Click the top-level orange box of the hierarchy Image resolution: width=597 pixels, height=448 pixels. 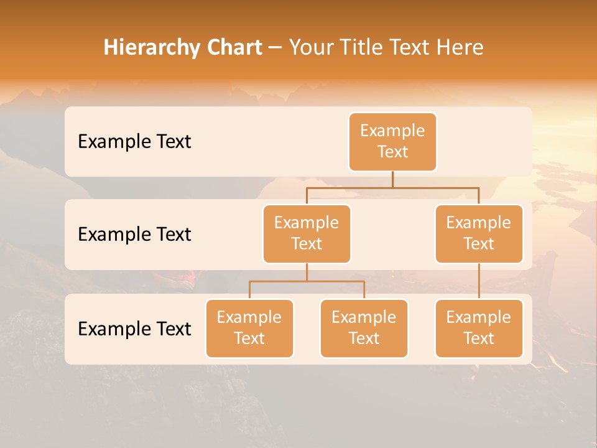coord(392,142)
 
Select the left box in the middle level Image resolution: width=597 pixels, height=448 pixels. coord(307,234)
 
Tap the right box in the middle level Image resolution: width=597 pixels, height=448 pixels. coord(479,234)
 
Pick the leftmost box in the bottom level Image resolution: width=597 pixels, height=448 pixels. coord(249,329)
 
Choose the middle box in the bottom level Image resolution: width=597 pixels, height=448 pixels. coord(364,329)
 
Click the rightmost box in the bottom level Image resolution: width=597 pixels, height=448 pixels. coord(479,329)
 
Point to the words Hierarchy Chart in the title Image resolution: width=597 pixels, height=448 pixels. coord(183,47)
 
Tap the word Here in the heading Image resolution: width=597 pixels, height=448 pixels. coord(461,47)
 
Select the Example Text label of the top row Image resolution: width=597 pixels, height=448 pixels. coord(134,142)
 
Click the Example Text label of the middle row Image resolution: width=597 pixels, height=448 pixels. coord(134,235)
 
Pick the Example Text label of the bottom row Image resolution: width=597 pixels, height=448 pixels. coord(134,329)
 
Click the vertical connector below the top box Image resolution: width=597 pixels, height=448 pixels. coord(392,179)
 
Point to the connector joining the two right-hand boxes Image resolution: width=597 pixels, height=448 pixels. coord(479,281)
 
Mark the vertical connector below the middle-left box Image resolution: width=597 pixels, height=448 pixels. coord(307,272)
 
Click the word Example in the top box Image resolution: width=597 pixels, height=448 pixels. coord(392,131)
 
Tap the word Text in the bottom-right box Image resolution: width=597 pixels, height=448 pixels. coord(479,338)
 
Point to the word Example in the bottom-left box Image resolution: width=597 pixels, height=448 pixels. coord(249,317)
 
